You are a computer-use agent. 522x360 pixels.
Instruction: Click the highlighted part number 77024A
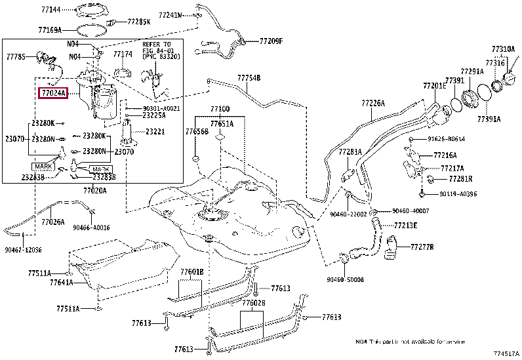(x=56, y=94)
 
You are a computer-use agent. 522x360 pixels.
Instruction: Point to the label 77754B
(x=249, y=78)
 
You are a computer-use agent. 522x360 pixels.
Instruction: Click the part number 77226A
(x=372, y=103)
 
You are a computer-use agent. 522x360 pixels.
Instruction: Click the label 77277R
(x=422, y=247)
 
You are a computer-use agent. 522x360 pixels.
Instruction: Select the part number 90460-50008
(x=346, y=279)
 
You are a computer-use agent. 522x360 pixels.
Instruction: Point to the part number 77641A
(x=62, y=283)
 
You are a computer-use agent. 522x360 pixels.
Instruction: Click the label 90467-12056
(x=23, y=250)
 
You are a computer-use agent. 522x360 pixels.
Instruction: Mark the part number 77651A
(x=222, y=123)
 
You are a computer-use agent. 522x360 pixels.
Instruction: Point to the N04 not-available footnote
(x=410, y=342)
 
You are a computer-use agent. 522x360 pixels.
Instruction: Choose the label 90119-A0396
(x=458, y=194)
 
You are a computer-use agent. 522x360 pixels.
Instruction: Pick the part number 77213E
(x=406, y=225)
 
